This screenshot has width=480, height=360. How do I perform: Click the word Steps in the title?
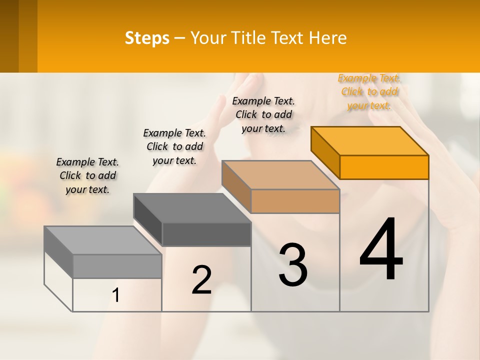tap(147, 38)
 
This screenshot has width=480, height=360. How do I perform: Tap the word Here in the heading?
tap(327, 38)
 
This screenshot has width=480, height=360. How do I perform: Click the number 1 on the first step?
tap(116, 295)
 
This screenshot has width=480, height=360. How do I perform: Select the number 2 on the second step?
tap(201, 280)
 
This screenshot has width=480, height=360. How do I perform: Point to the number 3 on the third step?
tap(293, 265)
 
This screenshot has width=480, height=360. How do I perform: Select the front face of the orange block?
tap(384, 167)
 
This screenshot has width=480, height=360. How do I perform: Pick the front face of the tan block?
tap(295, 201)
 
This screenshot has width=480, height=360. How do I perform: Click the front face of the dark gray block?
tap(206, 234)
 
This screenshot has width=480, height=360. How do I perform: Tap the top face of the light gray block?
tap(103, 240)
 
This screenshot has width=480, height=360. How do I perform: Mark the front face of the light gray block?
tap(117, 266)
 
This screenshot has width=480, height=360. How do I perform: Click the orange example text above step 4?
tap(369, 91)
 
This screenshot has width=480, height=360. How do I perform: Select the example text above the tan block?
tap(263, 114)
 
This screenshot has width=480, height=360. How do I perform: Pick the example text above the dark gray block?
tap(174, 146)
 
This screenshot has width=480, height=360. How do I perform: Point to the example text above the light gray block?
tap(87, 175)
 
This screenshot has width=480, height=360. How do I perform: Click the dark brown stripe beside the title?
tap(9, 36)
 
